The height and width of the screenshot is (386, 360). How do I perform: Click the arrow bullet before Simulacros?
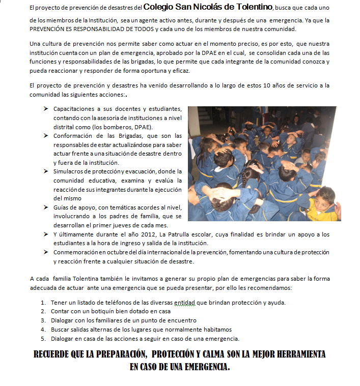pyautogui.click(x=46, y=171)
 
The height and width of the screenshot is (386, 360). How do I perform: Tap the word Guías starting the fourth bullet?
pyautogui.click(x=62, y=207)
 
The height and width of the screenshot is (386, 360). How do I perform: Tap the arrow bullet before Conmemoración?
pyautogui.click(x=46, y=252)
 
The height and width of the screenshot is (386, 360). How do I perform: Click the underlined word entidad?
pyautogui.click(x=185, y=302)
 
